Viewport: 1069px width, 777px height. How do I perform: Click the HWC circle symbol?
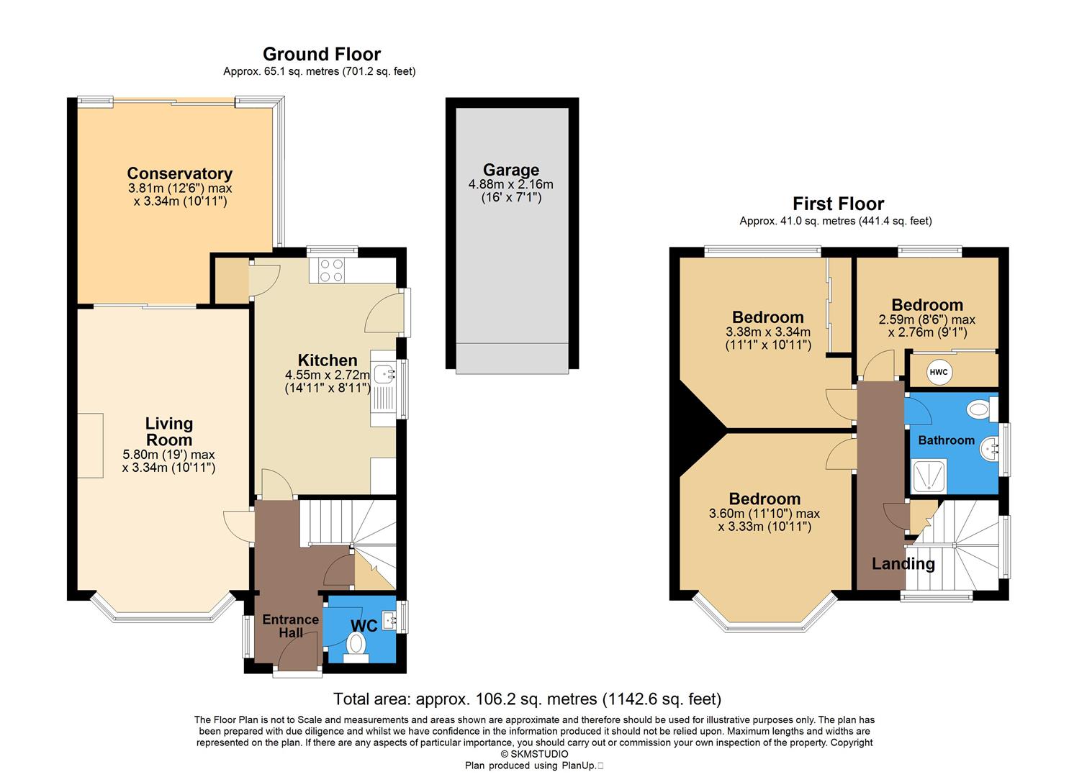point(939,372)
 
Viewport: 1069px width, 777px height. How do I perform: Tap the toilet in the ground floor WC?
point(356,645)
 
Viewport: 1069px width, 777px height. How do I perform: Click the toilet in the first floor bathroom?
point(979,410)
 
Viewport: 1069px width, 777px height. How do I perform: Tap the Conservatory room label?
point(179,173)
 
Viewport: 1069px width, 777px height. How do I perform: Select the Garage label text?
point(510,170)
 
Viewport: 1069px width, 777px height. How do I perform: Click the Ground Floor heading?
point(321,54)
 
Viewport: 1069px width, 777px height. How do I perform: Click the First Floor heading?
point(838,204)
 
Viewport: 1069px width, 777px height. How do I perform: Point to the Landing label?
point(903,564)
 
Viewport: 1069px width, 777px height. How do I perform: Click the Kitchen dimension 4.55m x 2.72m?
point(327,375)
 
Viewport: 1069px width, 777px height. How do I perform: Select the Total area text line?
point(527,699)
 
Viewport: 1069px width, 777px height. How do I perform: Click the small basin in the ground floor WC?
point(389,619)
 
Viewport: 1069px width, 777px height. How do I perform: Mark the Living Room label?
point(168,432)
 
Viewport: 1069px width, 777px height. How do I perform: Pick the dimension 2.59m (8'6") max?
point(926,319)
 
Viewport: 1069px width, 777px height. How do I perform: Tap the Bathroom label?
point(946,440)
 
